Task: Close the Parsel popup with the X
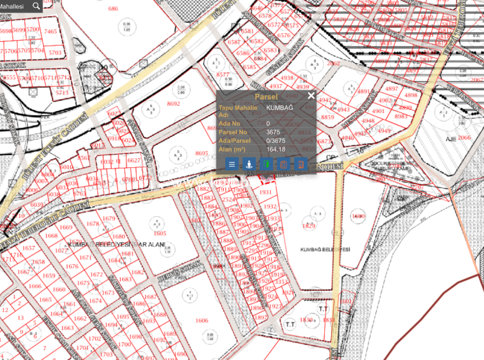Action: pos(311,96)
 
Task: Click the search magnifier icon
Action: pos(36,6)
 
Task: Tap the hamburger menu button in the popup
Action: pos(232,164)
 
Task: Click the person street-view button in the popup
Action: pos(249,164)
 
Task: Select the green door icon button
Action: pos(266,164)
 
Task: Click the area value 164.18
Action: pos(276,149)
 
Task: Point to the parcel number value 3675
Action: pos(273,132)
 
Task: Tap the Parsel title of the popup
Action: pos(266,97)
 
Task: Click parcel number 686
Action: pos(113,9)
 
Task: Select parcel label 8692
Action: pos(173,104)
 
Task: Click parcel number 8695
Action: pos(202,153)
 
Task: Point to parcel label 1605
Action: pos(160,233)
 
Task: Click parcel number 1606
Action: pos(202,321)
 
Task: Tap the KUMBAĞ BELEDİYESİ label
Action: pos(325,250)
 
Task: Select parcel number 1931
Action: pos(265,192)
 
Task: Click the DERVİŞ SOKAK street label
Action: pos(180,273)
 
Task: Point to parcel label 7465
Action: pos(50,31)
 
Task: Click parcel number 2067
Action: pos(477,80)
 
